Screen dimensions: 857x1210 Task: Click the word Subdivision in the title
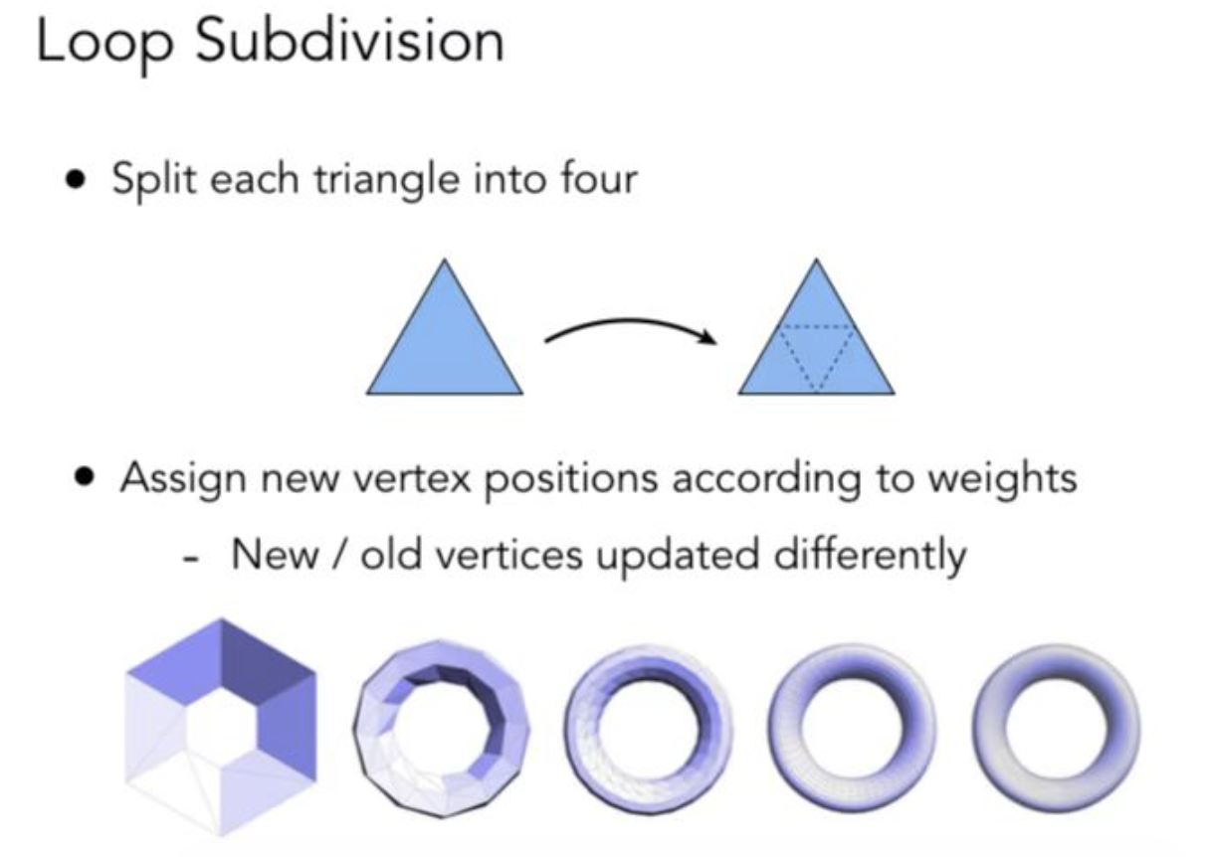350,45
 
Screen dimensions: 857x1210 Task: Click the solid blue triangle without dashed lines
445,338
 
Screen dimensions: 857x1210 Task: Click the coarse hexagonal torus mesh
221,727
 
